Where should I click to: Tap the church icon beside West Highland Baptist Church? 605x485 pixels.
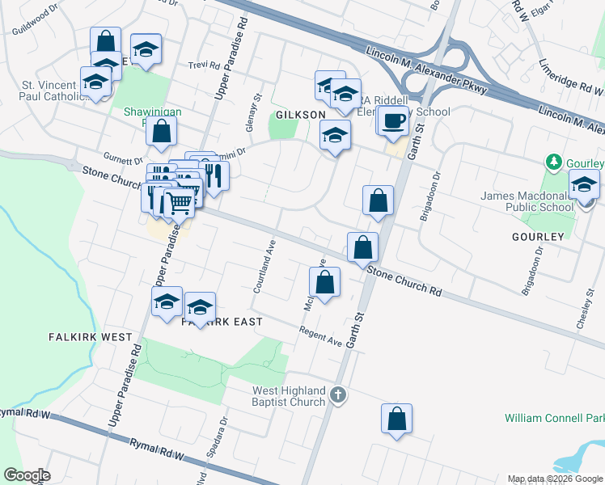[339, 395]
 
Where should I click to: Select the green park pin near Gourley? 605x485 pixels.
[554, 162]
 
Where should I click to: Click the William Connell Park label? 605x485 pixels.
[554, 418]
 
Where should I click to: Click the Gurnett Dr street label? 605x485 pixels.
[123, 156]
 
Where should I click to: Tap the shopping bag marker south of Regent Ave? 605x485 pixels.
[396, 420]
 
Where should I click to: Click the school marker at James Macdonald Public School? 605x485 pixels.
[584, 186]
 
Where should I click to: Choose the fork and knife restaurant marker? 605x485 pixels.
[214, 175]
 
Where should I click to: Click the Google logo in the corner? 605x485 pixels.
[26, 475]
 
